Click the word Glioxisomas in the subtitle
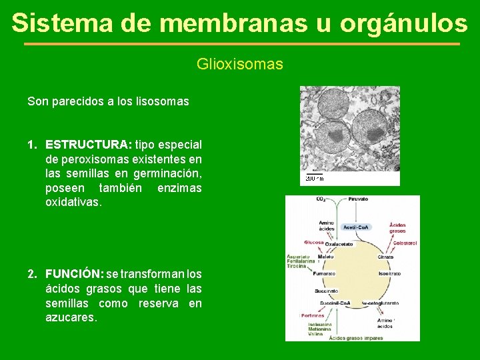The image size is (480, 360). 239,65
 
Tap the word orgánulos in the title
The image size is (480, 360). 403,23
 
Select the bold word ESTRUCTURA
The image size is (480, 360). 88,145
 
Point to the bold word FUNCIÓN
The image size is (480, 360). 74,274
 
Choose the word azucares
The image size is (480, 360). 71,318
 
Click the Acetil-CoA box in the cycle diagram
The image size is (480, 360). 357,227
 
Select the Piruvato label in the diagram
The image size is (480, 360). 357,199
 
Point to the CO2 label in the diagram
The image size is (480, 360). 321,199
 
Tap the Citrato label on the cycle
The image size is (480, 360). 385,257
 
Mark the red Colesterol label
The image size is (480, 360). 405,243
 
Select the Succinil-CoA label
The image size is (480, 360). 335,303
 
